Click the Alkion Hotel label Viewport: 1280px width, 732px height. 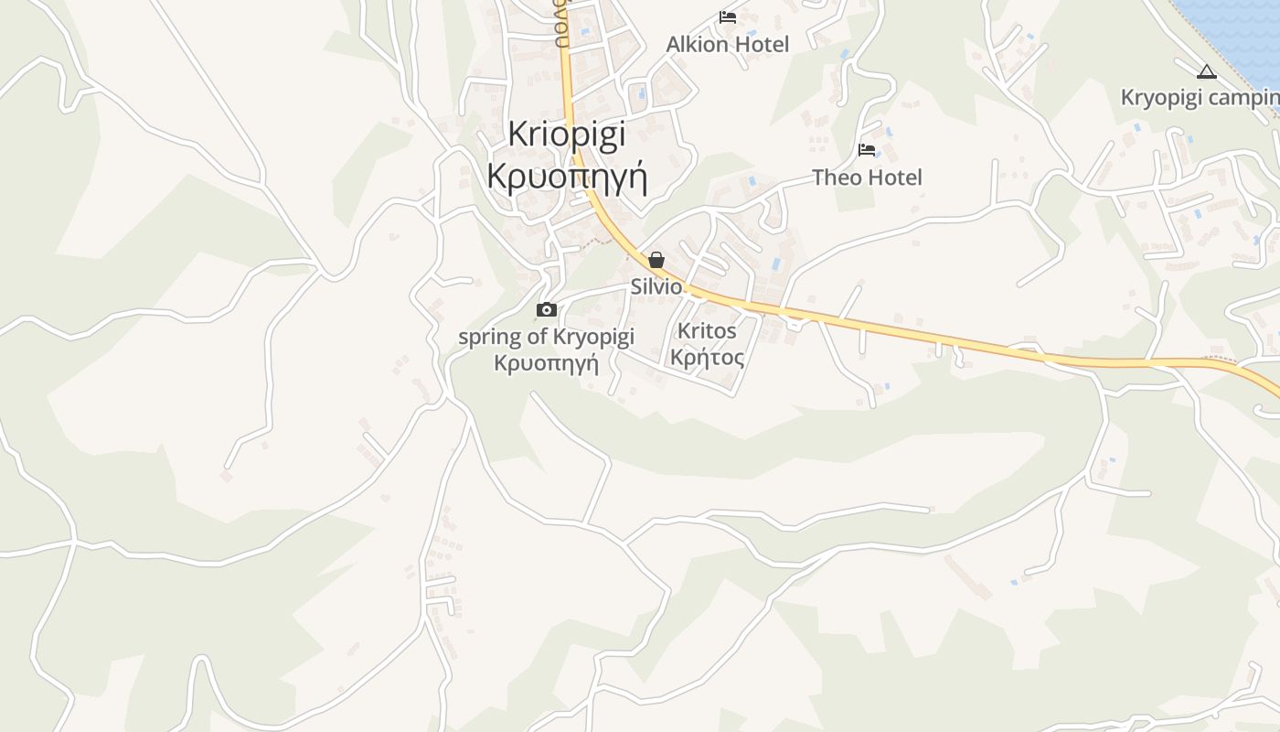727,44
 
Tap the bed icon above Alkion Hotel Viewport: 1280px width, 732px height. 728,16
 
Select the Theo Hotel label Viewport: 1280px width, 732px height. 867,177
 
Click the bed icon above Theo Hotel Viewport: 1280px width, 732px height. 867,149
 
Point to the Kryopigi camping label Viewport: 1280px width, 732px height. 1200,97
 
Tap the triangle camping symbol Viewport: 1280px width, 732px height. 1207,71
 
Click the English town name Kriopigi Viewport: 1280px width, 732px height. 566,134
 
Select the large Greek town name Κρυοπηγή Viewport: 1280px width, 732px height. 567,176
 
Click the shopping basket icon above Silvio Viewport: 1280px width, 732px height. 656,260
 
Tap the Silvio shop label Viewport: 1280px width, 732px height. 656,286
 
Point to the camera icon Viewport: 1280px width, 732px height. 546,310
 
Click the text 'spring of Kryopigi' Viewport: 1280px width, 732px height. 546,337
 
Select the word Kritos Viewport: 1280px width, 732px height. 707,330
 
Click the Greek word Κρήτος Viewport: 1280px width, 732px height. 707,357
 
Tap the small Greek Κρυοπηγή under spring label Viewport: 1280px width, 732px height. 546,363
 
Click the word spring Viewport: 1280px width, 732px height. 489,338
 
